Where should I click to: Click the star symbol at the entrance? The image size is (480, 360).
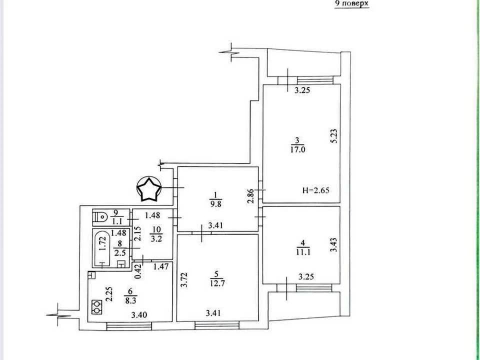pos(149,189)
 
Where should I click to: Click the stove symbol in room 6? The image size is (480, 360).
pos(97,306)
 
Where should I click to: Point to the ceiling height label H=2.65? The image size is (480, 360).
pos(316,190)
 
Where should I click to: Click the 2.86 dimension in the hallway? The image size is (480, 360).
pos(250,196)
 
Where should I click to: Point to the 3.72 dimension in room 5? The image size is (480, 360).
pos(183,280)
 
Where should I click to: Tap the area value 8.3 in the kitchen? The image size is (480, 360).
pos(130,300)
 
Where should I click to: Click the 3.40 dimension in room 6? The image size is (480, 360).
pos(139,314)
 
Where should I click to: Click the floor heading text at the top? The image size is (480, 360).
pos(351,3)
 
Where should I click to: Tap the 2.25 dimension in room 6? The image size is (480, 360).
pos(109,294)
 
